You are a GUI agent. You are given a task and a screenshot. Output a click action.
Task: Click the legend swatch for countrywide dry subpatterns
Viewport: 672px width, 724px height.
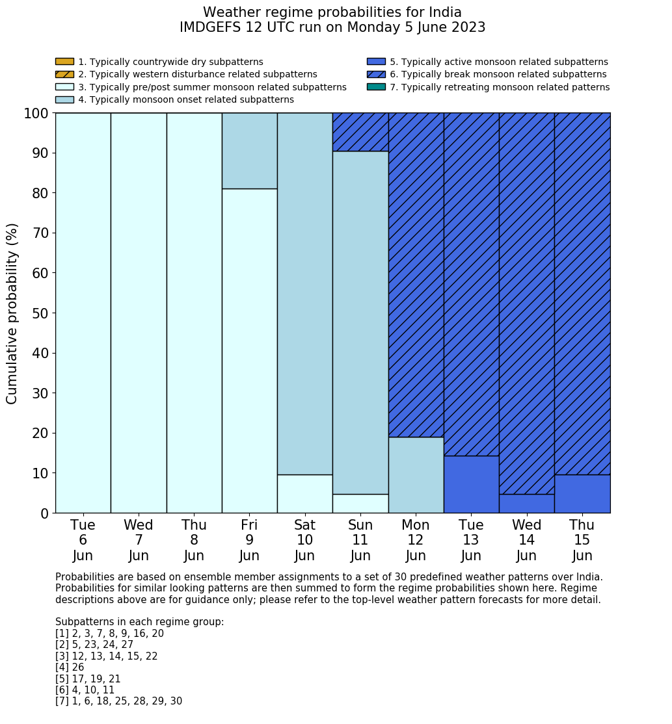(64, 62)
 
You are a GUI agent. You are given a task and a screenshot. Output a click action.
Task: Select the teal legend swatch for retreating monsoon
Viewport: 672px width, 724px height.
(376, 87)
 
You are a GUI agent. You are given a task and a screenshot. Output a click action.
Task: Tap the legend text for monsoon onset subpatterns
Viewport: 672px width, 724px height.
(185, 99)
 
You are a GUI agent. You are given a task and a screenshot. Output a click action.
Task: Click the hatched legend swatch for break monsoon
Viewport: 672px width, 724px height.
(376, 75)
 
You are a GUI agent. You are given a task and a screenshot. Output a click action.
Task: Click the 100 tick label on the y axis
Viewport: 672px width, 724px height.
(36, 114)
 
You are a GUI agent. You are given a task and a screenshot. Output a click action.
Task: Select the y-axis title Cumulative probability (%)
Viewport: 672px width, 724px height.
(12, 313)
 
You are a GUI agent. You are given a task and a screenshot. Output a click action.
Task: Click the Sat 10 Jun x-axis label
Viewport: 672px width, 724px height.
(304, 540)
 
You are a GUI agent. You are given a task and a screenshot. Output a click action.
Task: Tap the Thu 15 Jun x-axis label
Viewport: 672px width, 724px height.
(582, 540)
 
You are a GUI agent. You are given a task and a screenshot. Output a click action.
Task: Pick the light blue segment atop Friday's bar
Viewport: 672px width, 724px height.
(249, 151)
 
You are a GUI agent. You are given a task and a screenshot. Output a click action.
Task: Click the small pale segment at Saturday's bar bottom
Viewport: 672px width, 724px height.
(304, 494)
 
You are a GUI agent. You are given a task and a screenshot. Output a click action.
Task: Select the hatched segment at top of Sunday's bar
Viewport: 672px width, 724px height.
(360, 132)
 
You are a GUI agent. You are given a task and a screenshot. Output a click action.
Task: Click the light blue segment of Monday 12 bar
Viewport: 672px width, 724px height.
(416, 475)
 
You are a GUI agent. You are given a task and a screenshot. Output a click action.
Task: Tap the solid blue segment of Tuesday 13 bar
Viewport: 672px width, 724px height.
(471, 484)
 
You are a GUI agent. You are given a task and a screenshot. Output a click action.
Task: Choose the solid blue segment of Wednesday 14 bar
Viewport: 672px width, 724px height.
(526, 504)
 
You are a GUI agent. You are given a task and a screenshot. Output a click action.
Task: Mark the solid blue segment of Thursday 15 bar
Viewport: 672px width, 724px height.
(582, 494)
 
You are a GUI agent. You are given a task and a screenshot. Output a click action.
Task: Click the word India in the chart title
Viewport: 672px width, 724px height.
(444, 12)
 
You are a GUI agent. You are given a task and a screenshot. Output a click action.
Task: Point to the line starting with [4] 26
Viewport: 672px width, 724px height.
(70, 667)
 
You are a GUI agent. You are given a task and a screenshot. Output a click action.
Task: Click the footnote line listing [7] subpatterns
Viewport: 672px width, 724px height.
(118, 701)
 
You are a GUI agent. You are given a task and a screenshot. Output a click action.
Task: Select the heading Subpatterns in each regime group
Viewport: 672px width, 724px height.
(139, 622)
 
